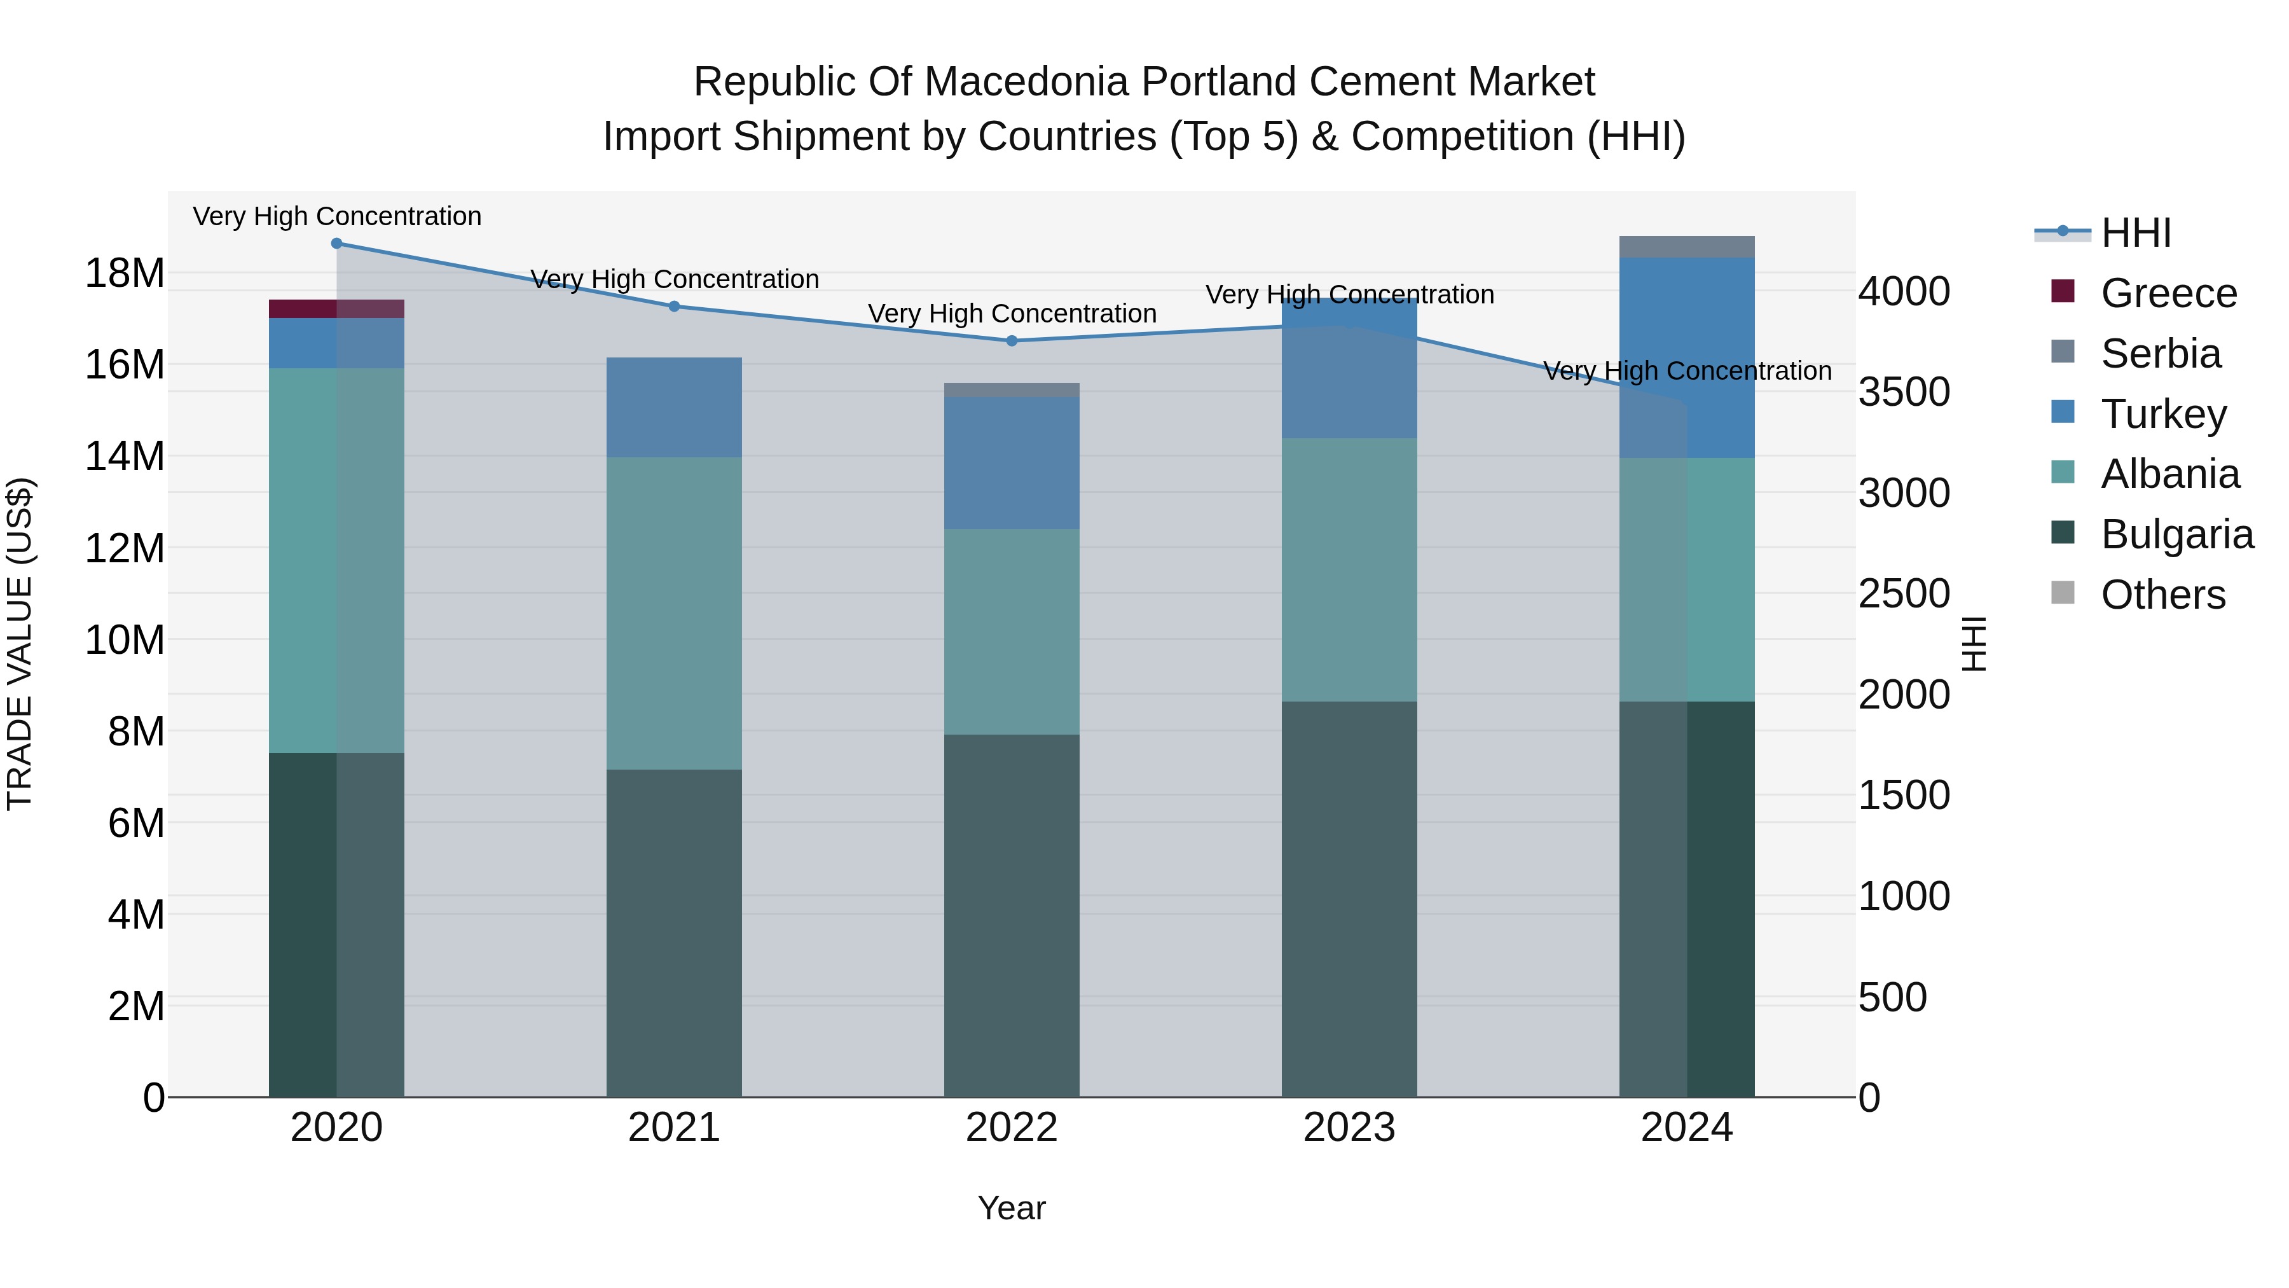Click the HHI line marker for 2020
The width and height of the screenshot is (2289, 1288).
click(337, 244)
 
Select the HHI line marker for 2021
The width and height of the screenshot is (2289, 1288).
click(675, 307)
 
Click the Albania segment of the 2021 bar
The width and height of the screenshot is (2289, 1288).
click(675, 613)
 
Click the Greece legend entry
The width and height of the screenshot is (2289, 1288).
click(2168, 293)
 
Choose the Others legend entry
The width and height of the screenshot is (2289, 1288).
click(2163, 595)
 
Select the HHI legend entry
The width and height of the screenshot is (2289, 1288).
click(2136, 233)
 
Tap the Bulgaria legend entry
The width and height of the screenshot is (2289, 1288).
click(2177, 534)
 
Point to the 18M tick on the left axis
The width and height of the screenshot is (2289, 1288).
click(125, 273)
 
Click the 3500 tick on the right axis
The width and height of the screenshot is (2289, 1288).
click(1904, 392)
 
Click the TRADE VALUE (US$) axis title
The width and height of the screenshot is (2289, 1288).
click(20, 644)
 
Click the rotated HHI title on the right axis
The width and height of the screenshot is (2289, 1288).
click(1974, 644)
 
